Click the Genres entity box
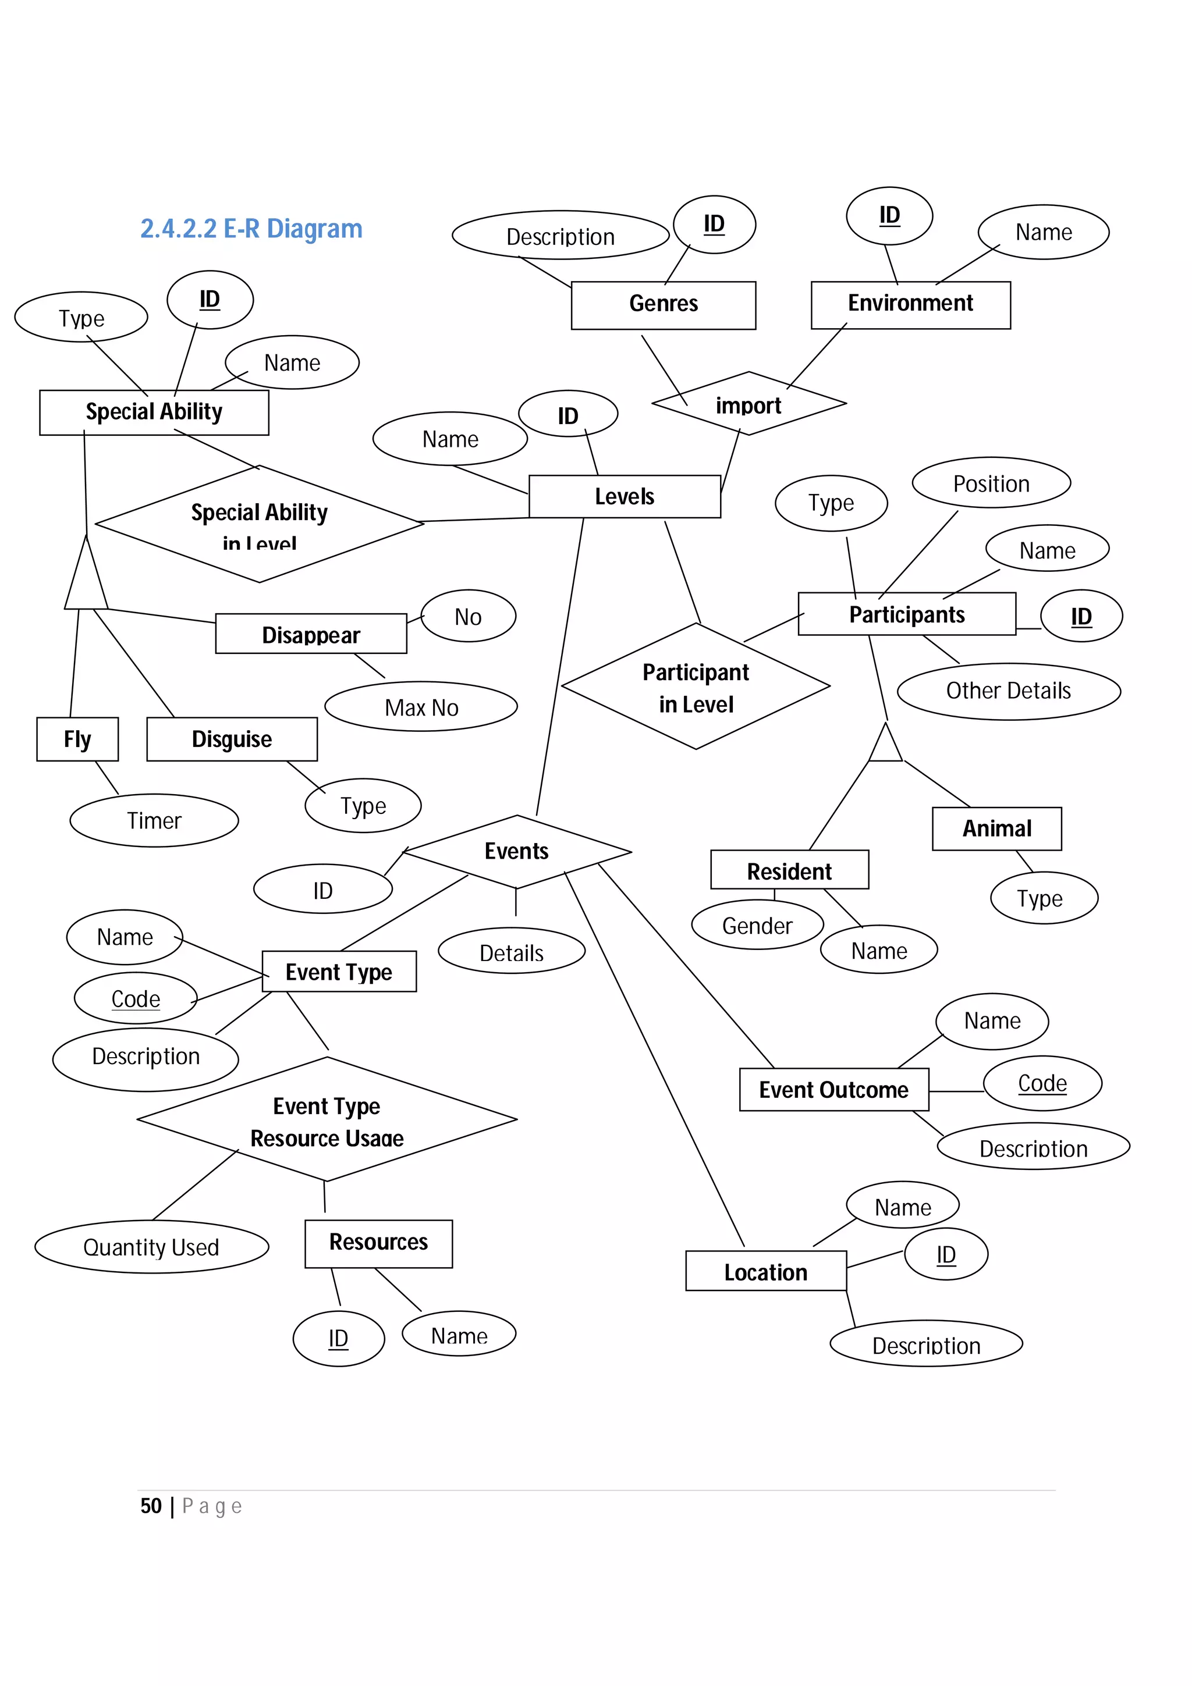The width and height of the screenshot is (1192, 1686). (662, 305)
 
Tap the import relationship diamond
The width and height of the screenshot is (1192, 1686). (748, 404)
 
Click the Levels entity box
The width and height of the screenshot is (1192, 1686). (625, 496)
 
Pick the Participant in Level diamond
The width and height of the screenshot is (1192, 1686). (696, 687)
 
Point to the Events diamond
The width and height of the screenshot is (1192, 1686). (516, 852)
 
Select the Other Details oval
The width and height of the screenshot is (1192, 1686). (1009, 691)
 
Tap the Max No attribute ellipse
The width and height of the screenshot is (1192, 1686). (421, 707)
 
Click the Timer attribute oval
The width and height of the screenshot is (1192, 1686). (154, 820)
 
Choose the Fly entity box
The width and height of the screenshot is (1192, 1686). (77, 739)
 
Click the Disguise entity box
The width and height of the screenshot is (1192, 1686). (232, 739)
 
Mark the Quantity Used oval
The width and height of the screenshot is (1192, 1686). (151, 1247)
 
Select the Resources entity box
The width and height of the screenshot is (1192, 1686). (378, 1243)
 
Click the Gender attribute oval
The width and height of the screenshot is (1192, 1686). (757, 925)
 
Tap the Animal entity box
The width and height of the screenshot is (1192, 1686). (996, 828)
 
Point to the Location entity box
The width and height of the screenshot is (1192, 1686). (765, 1272)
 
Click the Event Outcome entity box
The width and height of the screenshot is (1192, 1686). (833, 1090)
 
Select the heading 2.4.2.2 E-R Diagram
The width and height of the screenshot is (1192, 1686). (251, 229)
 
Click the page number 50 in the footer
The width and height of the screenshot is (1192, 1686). (151, 1506)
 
